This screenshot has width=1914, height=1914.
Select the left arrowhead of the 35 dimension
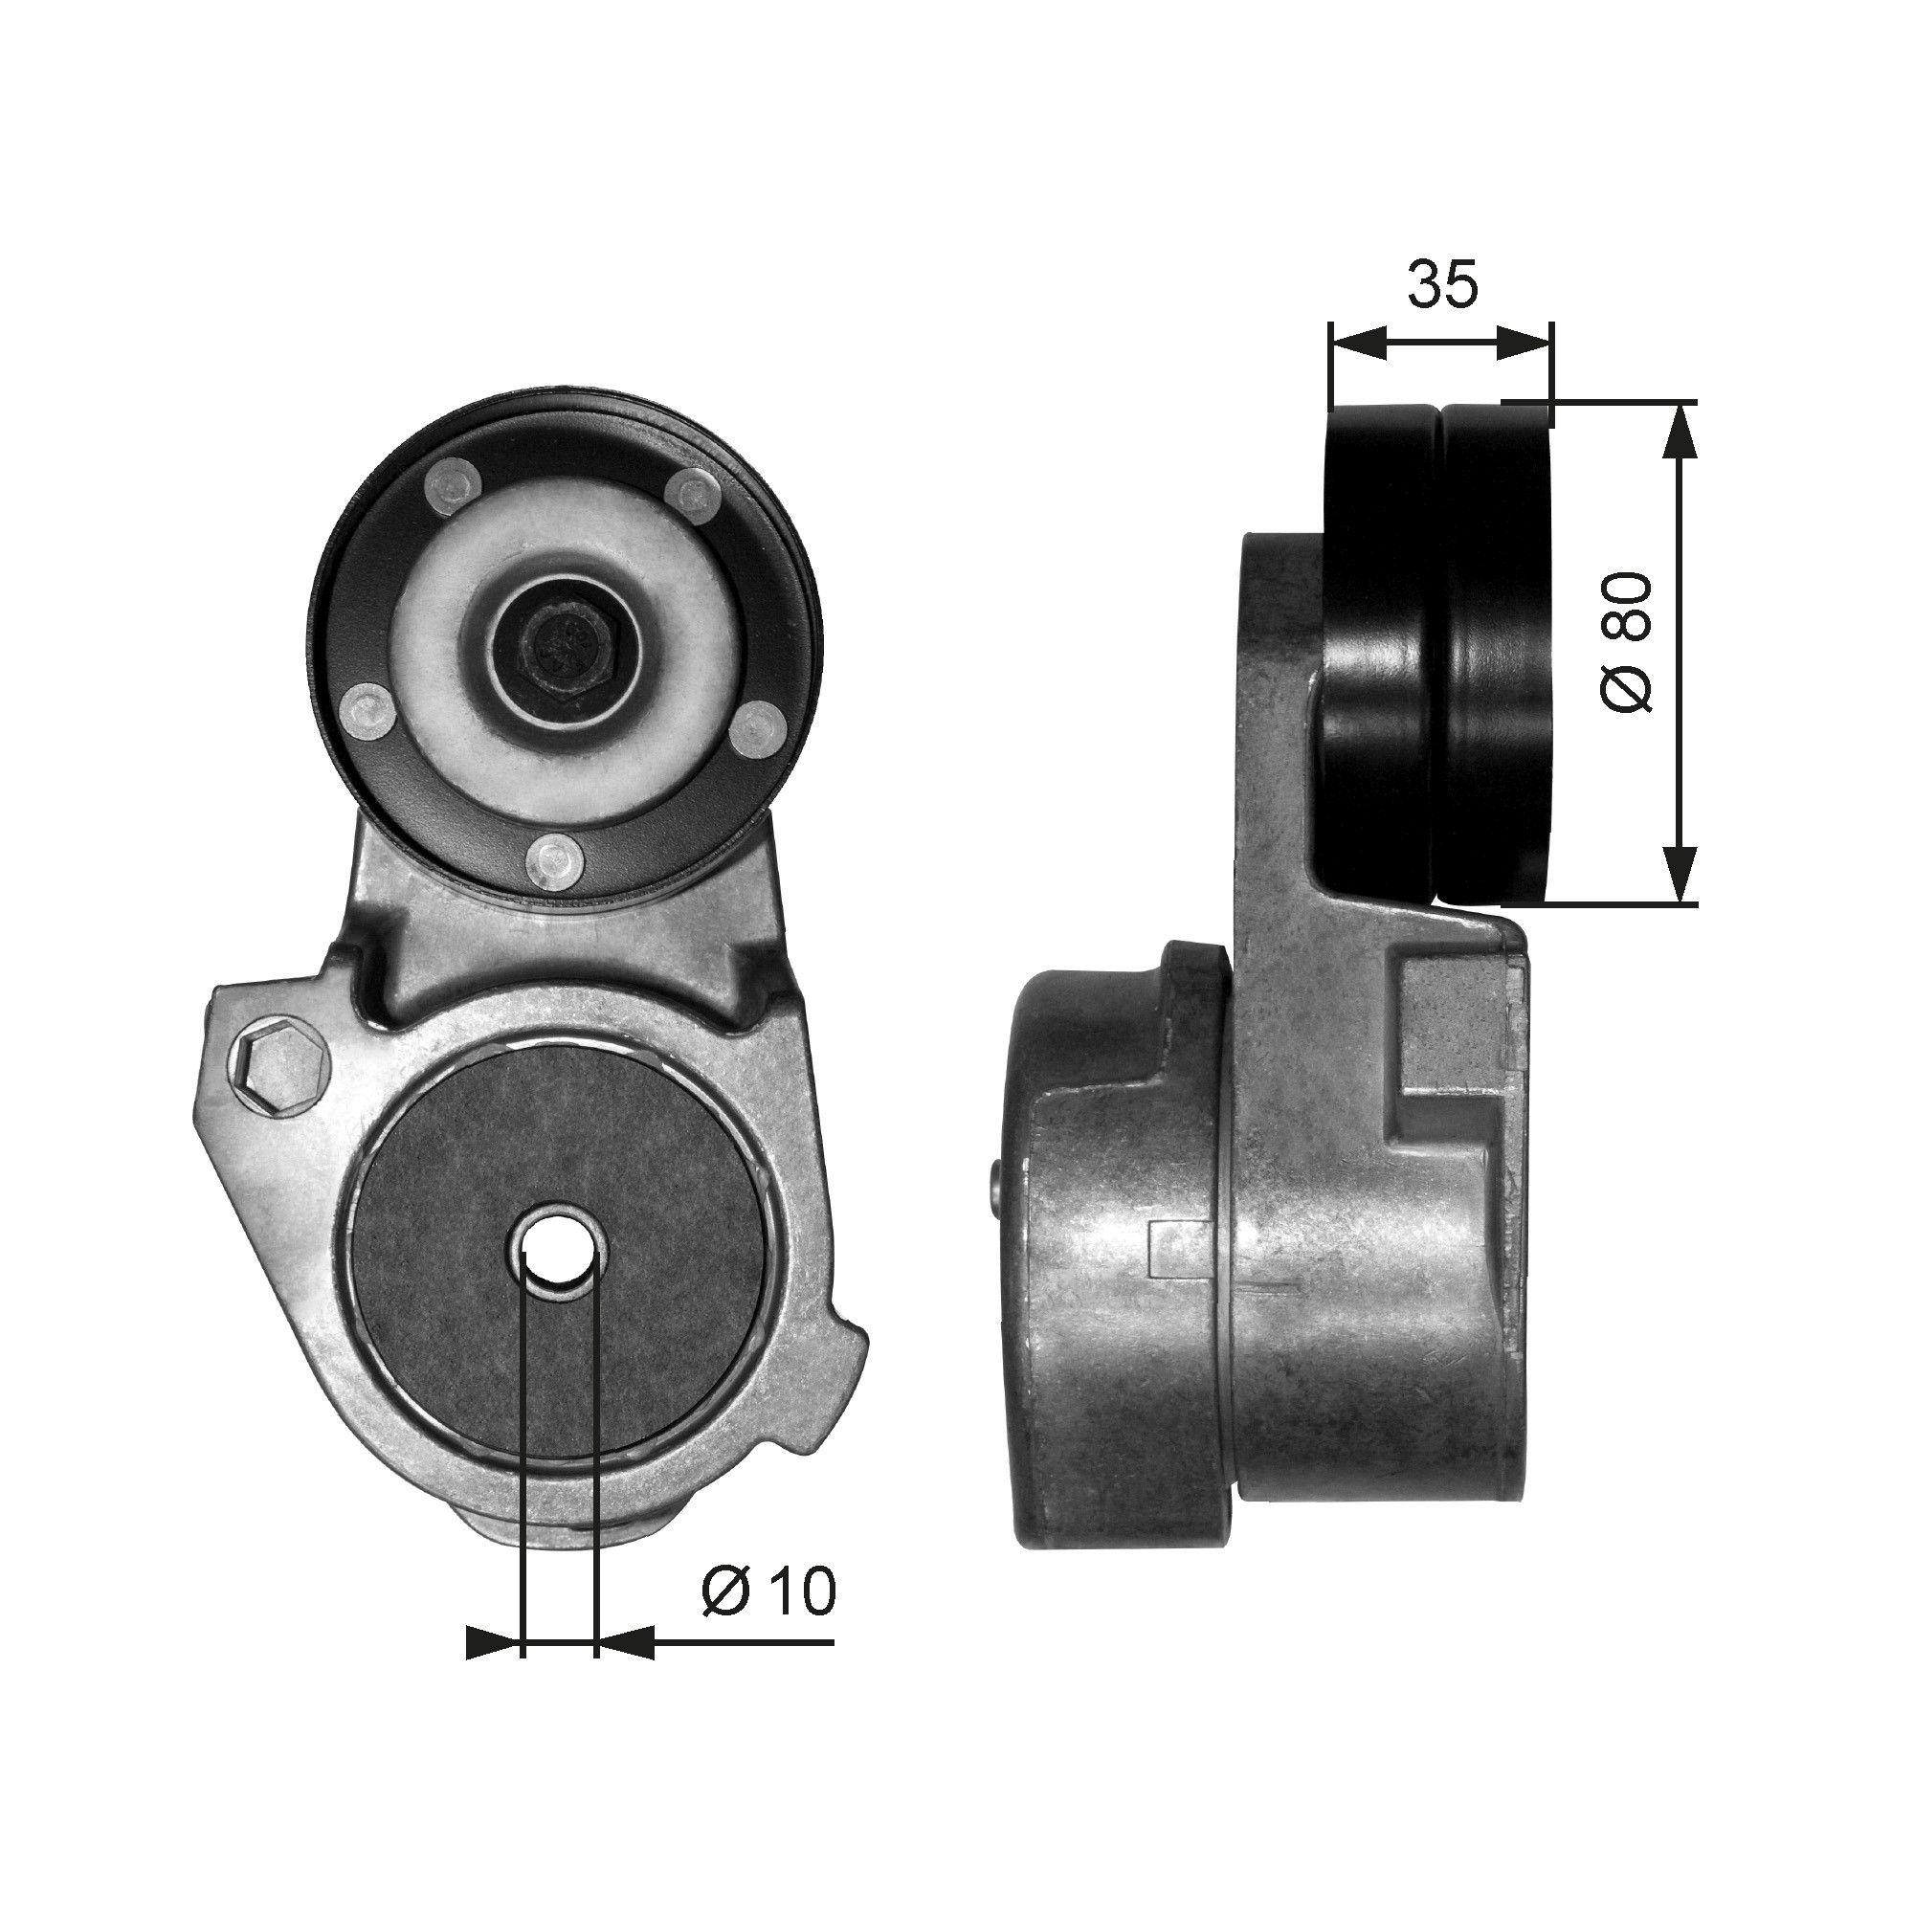coord(1356,343)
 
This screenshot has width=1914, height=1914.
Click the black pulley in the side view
coord(1436,654)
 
